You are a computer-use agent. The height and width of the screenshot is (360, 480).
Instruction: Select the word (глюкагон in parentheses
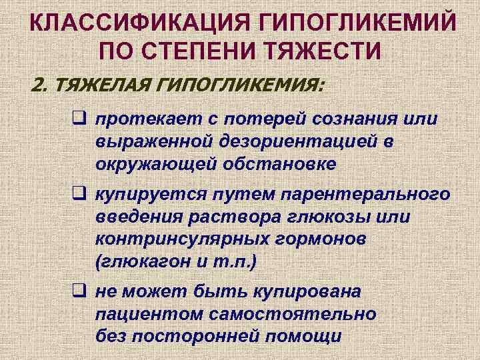(143, 261)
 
